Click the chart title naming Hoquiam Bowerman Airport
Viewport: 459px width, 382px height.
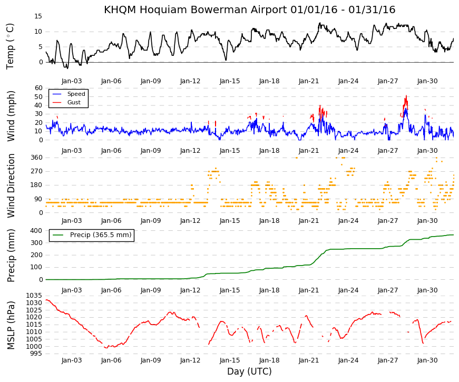point(249,9)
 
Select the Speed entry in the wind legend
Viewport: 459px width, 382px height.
point(76,94)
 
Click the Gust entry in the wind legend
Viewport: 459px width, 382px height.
point(74,102)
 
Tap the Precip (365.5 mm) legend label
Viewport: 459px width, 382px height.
point(101,235)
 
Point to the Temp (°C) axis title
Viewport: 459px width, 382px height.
point(10,46)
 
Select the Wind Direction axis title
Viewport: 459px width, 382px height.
point(11,186)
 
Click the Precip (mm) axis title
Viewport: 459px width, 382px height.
point(11,256)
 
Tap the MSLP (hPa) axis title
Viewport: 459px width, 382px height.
point(11,325)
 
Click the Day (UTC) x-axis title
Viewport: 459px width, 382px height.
point(249,371)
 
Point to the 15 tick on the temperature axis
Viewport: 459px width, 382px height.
point(38,16)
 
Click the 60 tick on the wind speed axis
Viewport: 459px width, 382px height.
point(38,88)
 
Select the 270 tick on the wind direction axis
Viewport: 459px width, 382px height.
point(36,171)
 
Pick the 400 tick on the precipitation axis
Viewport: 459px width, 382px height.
point(36,231)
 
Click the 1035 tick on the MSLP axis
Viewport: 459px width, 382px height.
point(34,296)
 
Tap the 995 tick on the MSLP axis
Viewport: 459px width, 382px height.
point(36,354)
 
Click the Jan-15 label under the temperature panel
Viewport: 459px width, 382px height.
point(230,81)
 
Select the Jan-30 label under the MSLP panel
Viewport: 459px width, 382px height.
point(427,360)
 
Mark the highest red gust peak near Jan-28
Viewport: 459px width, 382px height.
point(406,96)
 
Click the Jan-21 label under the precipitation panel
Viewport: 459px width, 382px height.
point(309,290)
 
